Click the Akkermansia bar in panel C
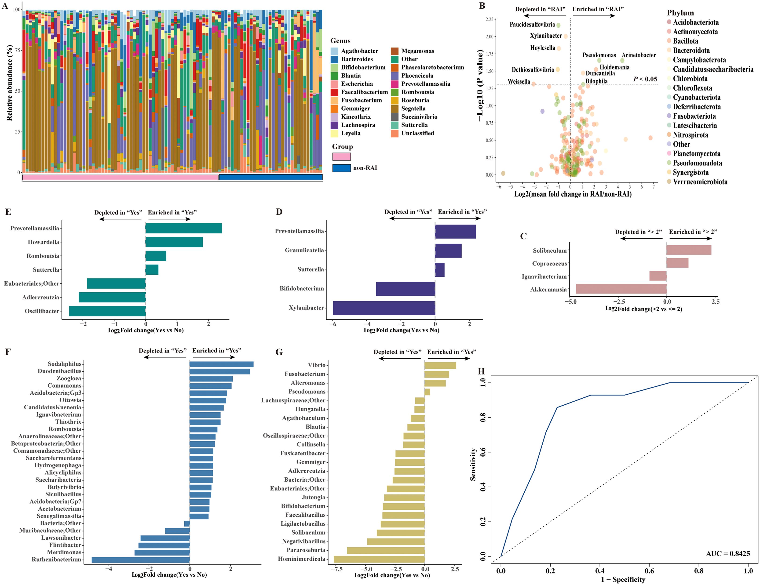(621, 289)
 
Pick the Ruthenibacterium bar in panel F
(141, 560)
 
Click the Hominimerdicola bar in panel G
(379, 559)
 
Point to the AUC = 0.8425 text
(728, 553)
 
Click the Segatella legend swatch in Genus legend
(394, 109)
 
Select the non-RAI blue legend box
(341, 168)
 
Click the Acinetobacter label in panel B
(639, 55)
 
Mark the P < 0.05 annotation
(645, 79)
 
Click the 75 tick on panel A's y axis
(17, 50)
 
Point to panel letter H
(481, 371)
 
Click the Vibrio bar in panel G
(440, 365)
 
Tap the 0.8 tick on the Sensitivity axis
(483, 417)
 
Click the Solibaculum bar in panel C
(689, 250)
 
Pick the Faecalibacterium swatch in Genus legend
(334, 92)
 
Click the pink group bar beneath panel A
(120, 177)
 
